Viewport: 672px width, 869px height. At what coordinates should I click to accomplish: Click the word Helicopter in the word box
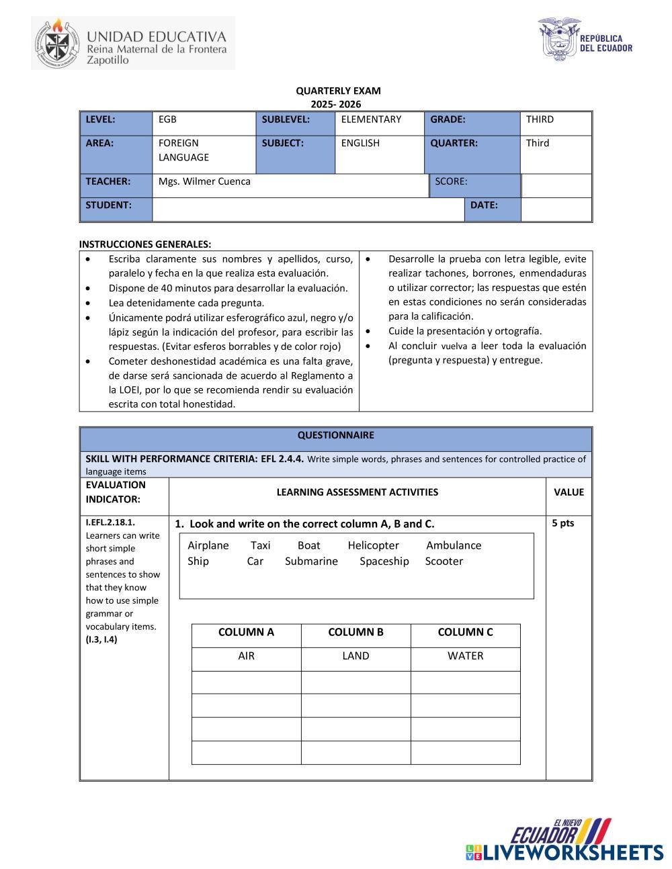pyautogui.click(x=373, y=545)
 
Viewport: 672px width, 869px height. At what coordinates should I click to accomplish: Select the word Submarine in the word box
pyautogui.click(x=311, y=561)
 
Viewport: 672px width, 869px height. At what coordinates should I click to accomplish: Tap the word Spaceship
pyautogui.click(x=384, y=561)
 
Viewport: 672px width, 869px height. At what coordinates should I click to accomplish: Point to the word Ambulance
pyautogui.click(x=454, y=545)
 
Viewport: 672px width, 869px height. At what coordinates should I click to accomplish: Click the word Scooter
pyautogui.click(x=444, y=561)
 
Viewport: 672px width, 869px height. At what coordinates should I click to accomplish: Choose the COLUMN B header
pyautogui.click(x=355, y=632)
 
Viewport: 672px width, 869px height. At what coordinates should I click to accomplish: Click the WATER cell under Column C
pyautogui.click(x=465, y=656)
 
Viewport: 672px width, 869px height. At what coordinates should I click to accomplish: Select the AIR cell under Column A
pyautogui.click(x=246, y=656)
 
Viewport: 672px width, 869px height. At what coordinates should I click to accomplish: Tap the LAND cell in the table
pyautogui.click(x=355, y=656)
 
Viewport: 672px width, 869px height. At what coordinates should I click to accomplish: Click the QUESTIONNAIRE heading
pyautogui.click(x=335, y=435)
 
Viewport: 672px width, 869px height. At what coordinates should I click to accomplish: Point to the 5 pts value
pyautogui.click(x=563, y=523)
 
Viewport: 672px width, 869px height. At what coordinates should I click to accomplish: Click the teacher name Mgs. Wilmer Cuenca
pyautogui.click(x=204, y=181)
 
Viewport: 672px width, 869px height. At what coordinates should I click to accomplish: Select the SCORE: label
pyautogui.click(x=451, y=181)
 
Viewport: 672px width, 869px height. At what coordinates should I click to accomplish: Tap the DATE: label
pyautogui.click(x=484, y=205)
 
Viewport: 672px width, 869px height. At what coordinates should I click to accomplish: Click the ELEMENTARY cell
pyautogui.click(x=371, y=120)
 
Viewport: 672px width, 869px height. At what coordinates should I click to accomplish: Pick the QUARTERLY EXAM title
pyautogui.click(x=338, y=91)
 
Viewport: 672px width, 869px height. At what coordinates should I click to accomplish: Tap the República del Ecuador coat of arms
pyautogui.click(x=558, y=41)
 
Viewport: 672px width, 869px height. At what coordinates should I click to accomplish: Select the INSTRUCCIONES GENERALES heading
pyautogui.click(x=145, y=244)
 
